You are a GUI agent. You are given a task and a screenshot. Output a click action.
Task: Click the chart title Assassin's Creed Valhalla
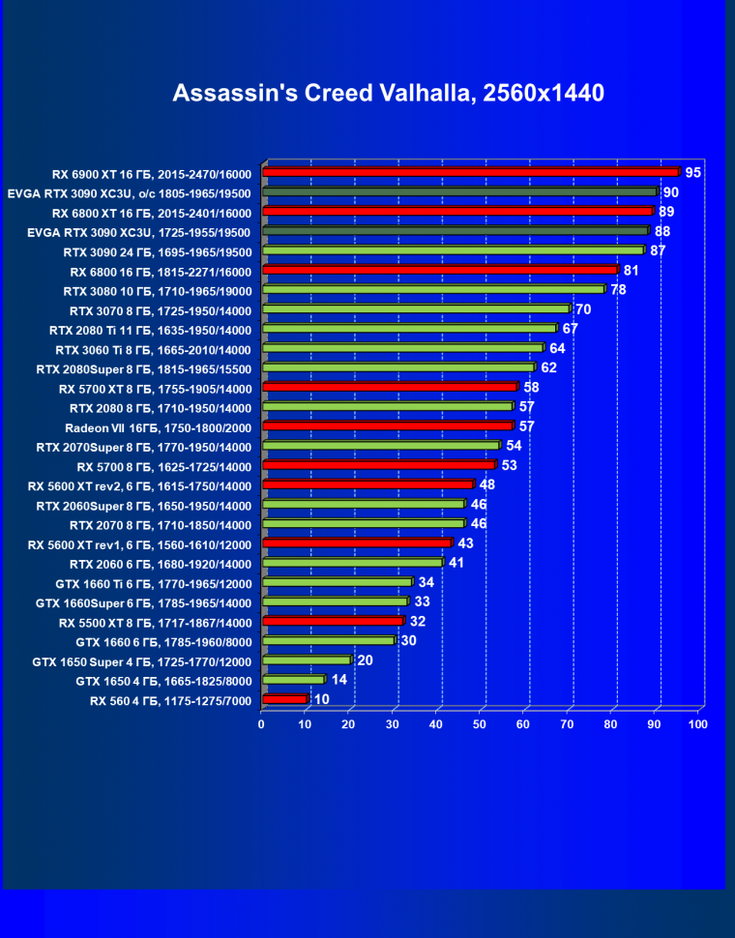tap(388, 93)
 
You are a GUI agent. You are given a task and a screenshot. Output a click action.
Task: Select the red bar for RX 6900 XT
tap(471, 172)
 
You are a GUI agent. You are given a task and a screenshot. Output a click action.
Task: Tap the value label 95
tap(692, 172)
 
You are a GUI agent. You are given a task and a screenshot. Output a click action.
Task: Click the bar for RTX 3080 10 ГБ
tap(433, 289)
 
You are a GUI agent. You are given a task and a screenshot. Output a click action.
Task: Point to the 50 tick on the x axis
tap(481, 723)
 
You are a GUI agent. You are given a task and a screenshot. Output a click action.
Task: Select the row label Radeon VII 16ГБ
tap(158, 426)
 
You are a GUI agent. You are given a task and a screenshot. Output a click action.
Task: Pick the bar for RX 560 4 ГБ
tap(284, 699)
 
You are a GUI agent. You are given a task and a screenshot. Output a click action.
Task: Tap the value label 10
tap(322, 698)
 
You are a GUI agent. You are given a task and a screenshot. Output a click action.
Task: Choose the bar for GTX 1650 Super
tap(306, 660)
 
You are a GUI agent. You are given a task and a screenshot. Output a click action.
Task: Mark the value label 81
tap(632, 270)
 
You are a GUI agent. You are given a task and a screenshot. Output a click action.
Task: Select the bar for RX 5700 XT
tap(390, 387)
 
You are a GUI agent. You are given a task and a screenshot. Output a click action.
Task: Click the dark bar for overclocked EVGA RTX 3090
tap(459, 191)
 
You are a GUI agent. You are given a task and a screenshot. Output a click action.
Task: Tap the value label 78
tap(618, 289)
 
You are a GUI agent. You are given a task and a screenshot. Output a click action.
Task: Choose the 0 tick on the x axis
tap(262, 723)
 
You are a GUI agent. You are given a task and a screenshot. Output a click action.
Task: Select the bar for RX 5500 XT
tap(333, 621)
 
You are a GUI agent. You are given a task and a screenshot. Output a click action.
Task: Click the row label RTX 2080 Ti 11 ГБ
tap(150, 330)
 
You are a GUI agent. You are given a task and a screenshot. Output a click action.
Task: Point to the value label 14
tap(339, 679)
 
